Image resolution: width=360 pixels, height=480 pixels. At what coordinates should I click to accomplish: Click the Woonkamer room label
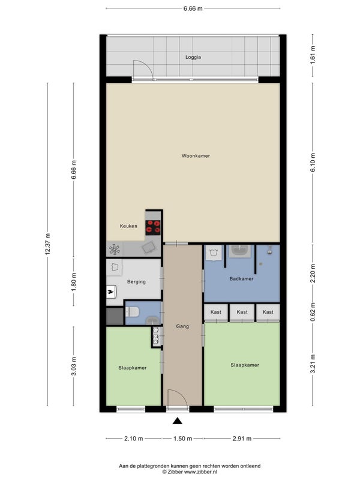196,156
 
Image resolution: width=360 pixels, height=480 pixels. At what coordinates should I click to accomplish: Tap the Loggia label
193,57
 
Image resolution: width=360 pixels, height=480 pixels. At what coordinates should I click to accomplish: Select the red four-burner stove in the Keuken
153,227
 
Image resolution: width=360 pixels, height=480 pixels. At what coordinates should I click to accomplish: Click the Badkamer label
242,278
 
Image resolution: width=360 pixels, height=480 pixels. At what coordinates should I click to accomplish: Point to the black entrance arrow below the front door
177,421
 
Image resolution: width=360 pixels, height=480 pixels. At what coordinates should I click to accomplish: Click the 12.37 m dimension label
48,244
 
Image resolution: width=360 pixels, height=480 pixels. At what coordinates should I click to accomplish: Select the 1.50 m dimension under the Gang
183,439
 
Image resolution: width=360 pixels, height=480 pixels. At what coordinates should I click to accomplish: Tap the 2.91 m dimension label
242,439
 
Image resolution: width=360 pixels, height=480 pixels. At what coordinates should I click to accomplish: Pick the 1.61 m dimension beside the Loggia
313,55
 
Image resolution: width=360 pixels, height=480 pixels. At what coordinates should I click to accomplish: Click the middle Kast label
242,312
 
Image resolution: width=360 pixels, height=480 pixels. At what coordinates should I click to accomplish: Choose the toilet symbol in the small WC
132,312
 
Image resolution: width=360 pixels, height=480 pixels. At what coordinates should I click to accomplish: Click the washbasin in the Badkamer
241,251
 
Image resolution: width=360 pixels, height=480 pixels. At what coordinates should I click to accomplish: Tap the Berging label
137,281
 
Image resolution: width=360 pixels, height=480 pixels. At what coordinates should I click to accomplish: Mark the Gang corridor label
182,326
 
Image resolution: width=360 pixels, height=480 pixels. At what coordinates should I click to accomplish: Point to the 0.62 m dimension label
313,312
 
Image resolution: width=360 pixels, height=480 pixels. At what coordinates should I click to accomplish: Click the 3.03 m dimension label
73,367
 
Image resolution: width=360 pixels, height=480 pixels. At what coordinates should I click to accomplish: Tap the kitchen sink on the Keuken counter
149,247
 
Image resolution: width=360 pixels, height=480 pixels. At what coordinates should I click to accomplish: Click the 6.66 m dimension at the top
193,8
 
